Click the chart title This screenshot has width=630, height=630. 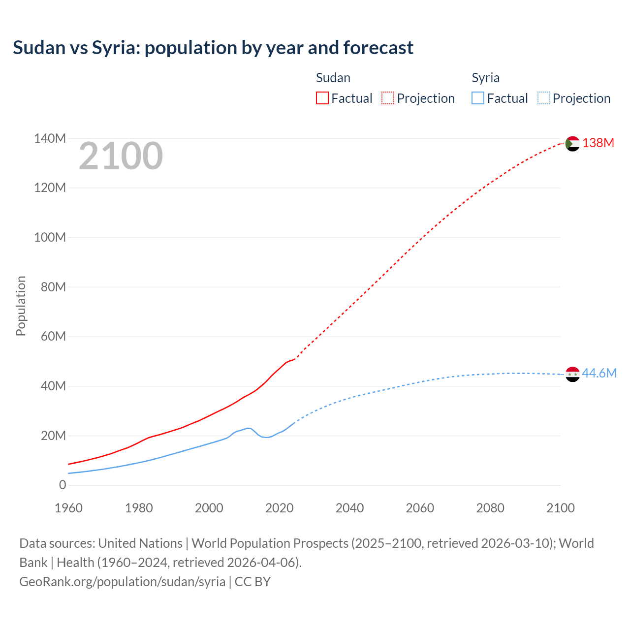(x=213, y=48)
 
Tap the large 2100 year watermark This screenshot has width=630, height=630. (x=121, y=156)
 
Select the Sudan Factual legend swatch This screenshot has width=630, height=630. (x=322, y=98)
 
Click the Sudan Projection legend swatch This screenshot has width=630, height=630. (x=388, y=98)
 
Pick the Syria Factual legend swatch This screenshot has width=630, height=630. (x=478, y=98)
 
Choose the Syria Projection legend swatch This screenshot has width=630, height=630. (x=544, y=98)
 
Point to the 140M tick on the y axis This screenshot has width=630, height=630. (x=50, y=139)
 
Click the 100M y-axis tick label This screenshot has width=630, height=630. (x=50, y=238)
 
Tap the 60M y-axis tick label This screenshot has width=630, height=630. (x=53, y=337)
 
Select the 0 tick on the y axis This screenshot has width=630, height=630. (x=63, y=485)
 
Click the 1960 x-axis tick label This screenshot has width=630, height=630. (x=68, y=508)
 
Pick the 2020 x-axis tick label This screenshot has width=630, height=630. (x=279, y=508)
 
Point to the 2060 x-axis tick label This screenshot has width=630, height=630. (x=420, y=508)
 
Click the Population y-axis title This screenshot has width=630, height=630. (x=21, y=306)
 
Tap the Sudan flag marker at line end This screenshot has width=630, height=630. (x=572, y=144)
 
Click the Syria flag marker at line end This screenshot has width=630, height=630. (x=572, y=374)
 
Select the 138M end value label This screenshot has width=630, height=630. (x=598, y=143)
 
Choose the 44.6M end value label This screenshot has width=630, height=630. (x=599, y=373)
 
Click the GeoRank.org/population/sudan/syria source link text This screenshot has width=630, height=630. (x=122, y=582)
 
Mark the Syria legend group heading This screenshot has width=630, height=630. (x=485, y=78)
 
